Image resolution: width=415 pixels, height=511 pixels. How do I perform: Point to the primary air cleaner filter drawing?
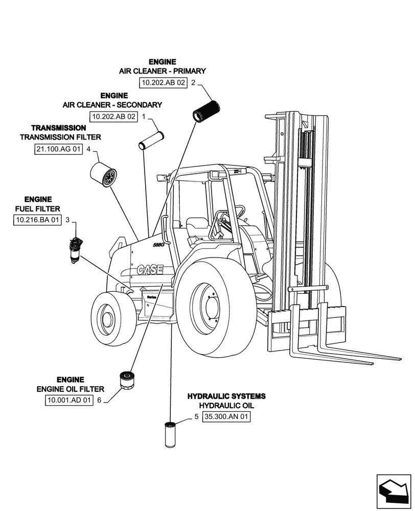click(x=206, y=110)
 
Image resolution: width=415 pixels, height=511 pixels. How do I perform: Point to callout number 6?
click(x=99, y=401)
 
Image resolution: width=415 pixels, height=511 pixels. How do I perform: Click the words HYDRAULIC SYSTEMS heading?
click(x=226, y=396)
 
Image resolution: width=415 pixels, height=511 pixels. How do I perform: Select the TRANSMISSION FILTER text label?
click(x=60, y=137)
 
